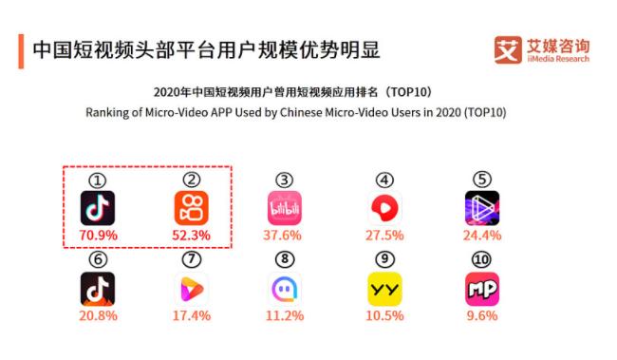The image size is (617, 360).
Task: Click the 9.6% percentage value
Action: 482,314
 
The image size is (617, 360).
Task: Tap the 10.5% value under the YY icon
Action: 384,314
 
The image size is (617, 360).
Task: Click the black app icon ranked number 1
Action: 98,207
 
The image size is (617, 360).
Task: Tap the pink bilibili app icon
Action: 285,207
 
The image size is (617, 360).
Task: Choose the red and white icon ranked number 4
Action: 384,207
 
